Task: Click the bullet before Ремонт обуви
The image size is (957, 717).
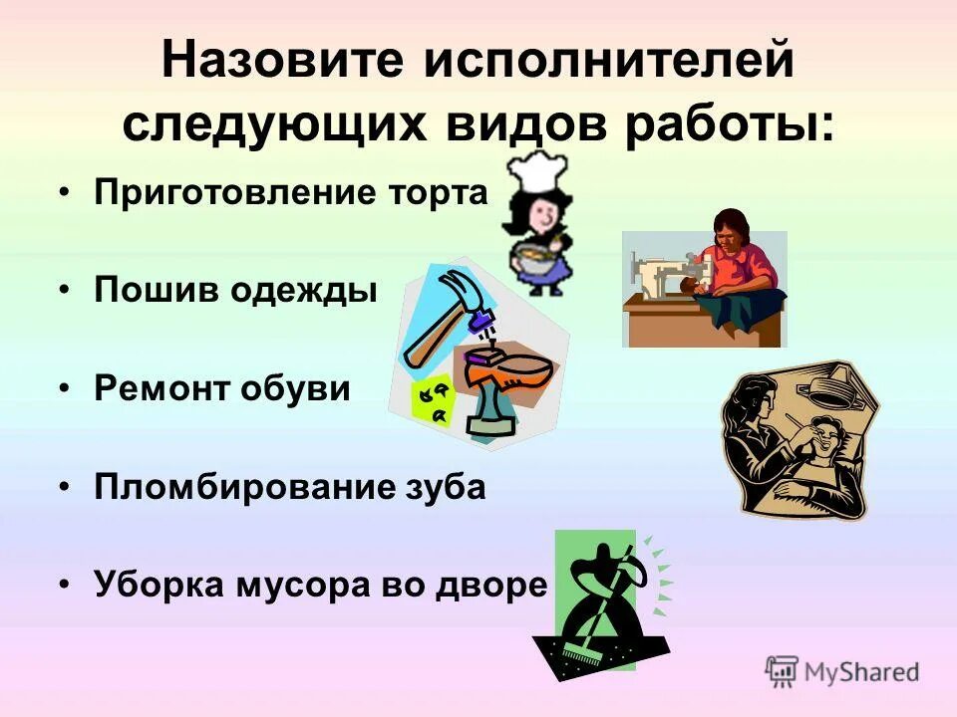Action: click(x=64, y=389)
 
